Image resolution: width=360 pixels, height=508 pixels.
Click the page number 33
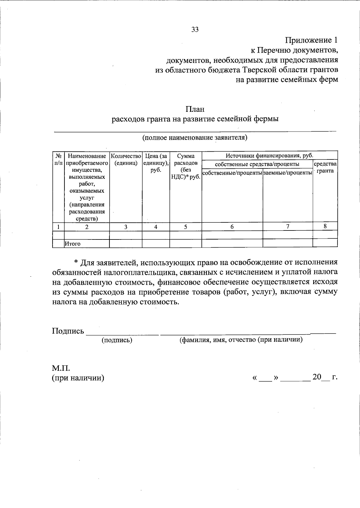(195, 29)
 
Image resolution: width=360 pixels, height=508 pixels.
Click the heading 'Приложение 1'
(311, 40)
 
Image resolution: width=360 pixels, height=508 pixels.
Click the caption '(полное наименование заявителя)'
(195, 138)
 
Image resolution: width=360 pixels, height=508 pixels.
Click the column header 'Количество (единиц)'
(126, 159)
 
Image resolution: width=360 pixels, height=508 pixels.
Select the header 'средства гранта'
(325, 167)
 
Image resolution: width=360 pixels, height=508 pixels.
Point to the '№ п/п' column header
(58, 159)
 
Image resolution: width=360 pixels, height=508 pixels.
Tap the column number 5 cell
(185, 227)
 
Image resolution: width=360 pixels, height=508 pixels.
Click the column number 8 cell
(325, 226)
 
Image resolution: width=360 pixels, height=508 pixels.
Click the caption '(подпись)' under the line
(117, 340)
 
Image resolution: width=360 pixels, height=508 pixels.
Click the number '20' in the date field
(317, 377)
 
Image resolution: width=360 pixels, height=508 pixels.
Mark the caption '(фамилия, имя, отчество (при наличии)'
(241, 340)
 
